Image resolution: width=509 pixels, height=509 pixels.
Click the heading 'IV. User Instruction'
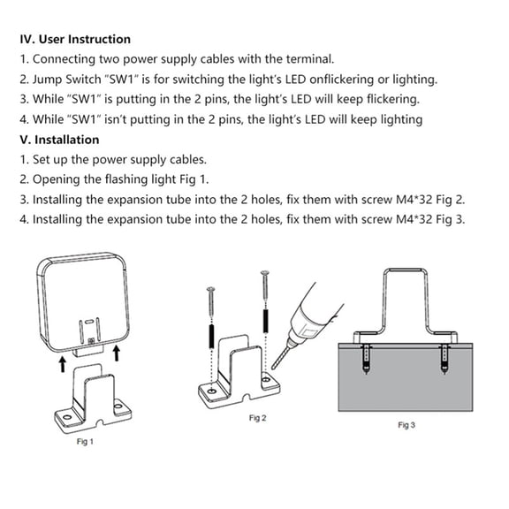tap(75, 39)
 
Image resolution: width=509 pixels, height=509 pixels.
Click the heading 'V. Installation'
tap(59, 140)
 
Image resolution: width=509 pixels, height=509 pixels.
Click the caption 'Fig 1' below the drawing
tap(85, 441)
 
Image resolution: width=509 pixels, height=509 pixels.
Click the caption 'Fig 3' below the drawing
tap(406, 426)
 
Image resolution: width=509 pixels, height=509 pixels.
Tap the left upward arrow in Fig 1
tap(61, 363)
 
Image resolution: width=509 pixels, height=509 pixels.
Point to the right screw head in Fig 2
tap(264, 274)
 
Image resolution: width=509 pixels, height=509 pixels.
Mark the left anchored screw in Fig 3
tap(366, 357)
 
